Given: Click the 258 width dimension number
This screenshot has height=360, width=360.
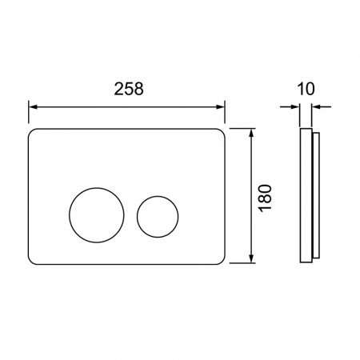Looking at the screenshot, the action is click(x=129, y=89).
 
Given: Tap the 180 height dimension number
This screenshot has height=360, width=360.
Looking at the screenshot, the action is click(x=266, y=198).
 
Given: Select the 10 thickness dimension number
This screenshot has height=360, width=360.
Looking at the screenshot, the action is click(x=306, y=89).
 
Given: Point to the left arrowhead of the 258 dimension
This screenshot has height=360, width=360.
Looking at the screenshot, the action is click(x=33, y=107).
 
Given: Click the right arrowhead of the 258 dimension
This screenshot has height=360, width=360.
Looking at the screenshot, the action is click(x=220, y=107).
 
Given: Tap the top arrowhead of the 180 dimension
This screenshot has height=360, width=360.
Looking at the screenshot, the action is click(x=251, y=133).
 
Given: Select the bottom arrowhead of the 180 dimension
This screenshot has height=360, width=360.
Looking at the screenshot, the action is click(x=251, y=258).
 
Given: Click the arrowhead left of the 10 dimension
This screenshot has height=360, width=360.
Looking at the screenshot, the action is click(x=295, y=107).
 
